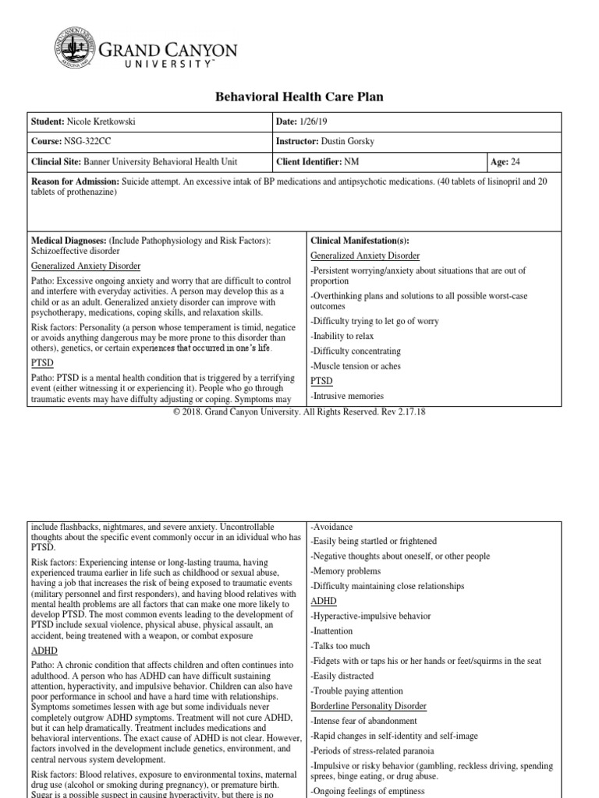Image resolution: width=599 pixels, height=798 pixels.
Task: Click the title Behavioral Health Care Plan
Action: [x=299, y=97]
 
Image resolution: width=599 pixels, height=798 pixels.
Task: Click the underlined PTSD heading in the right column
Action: [x=321, y=381]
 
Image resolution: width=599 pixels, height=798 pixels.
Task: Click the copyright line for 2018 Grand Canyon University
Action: [x=299, y=411]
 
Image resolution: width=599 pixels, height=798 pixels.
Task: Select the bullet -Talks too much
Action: [x=342, y=646]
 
